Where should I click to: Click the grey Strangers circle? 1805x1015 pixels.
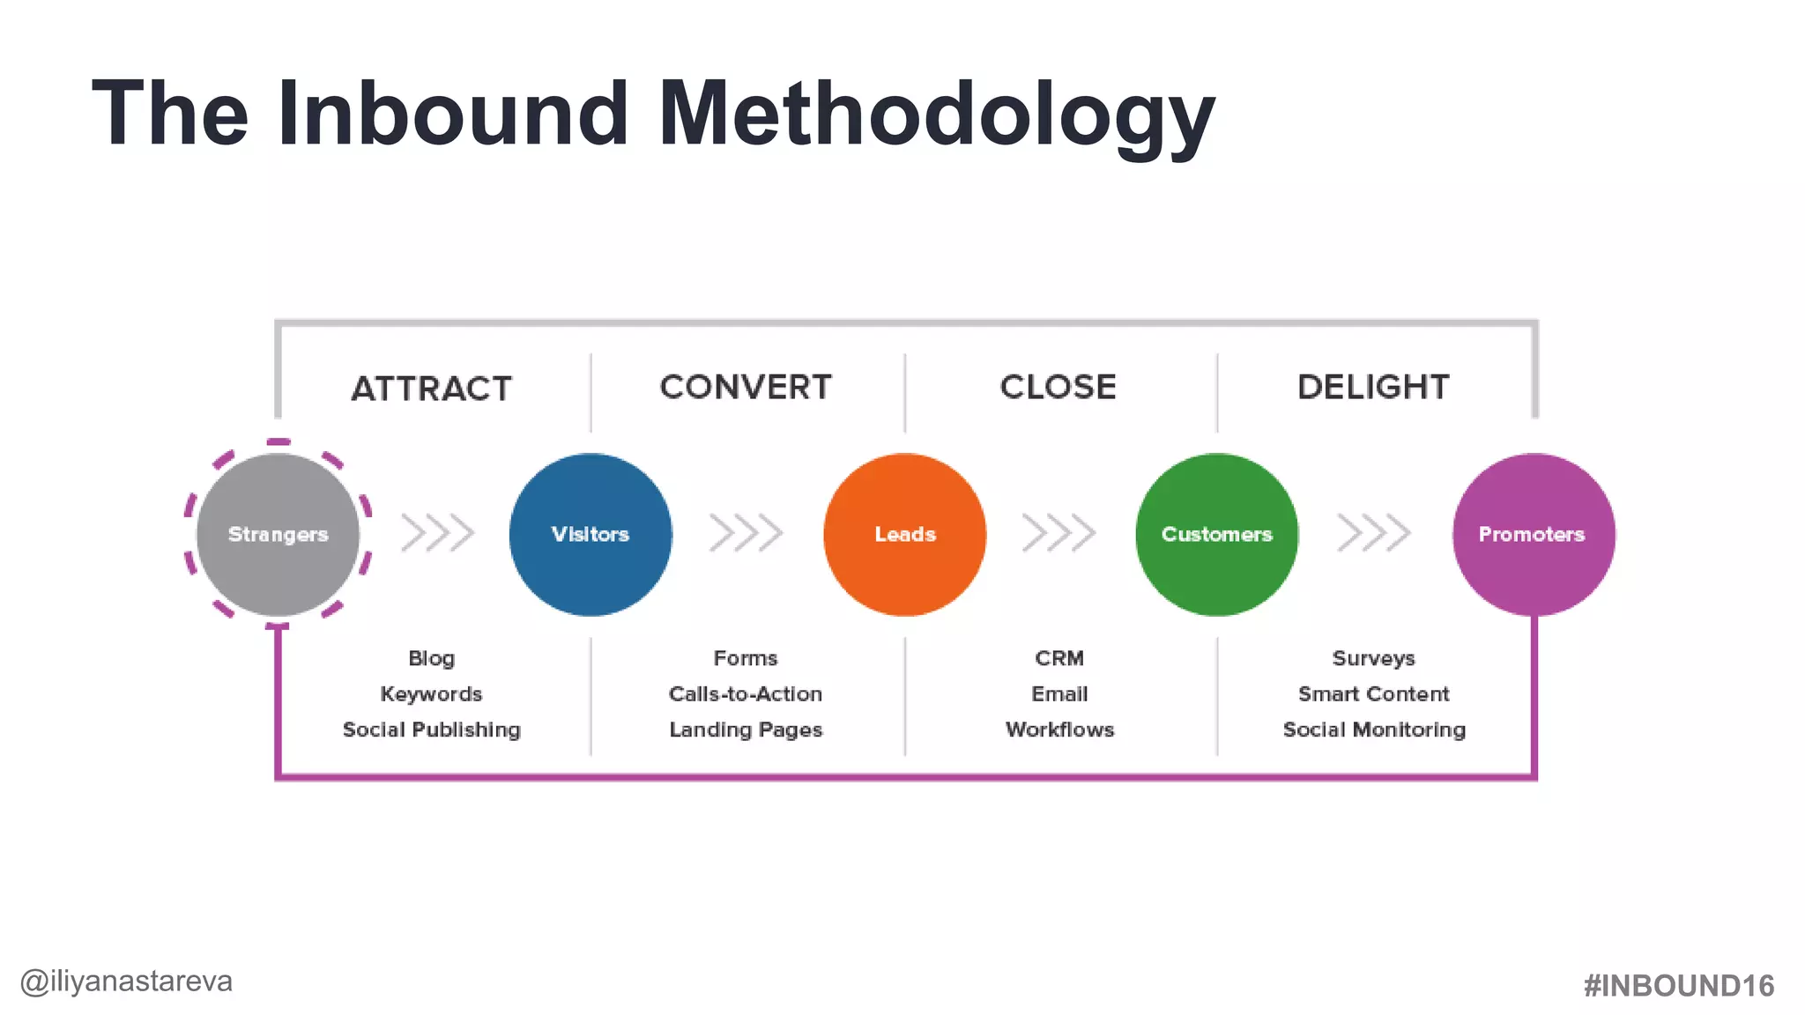pyautogui.click(x=278, y=535)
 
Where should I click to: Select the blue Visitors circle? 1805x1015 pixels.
pyautogui.click(x=591, y=535)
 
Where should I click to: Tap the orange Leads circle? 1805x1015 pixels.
pyautogui.click(x=904, y=535)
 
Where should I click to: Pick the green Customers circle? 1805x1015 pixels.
pyautogui.click(x=1216, y=535)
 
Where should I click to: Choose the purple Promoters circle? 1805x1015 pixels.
pyautogui.click(x=1533, y=535)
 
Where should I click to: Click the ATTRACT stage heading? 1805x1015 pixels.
pyautogui.click(x=431, y=389)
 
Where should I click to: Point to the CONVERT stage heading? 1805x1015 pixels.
pyautogui.click(x=746, y=387)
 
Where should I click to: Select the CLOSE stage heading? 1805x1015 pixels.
pyautogui.click(x=1058, y=387)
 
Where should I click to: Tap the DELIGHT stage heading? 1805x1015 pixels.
pyautogui.click(x=1373, y=387)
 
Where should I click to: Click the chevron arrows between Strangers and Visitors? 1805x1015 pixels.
pyautogui.click(x=437, y=533)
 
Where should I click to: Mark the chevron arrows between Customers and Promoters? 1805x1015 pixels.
pyautogui.click(x=1373, y=533)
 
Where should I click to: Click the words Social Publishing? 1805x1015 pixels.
pyautogui.click(x=431, y=730)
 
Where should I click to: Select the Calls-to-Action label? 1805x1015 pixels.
pyautogui.click(x=746, y=694)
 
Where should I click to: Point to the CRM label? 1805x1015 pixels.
pyautogui.click(x=1059, y=658)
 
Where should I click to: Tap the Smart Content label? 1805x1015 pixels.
pyautogui.click(x=1373, y=694)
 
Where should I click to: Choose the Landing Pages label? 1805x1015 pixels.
pyautogui.click(x=746, y=730)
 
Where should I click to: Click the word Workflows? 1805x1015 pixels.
pyautogui.click(x=1059, y=730)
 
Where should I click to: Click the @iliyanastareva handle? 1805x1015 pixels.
pyautogui.click(x=126, y=982)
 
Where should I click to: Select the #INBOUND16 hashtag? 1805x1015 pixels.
pyautogui.click(x=1678, y=986)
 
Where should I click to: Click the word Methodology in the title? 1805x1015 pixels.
pyautogui.click(x=936, y=115)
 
